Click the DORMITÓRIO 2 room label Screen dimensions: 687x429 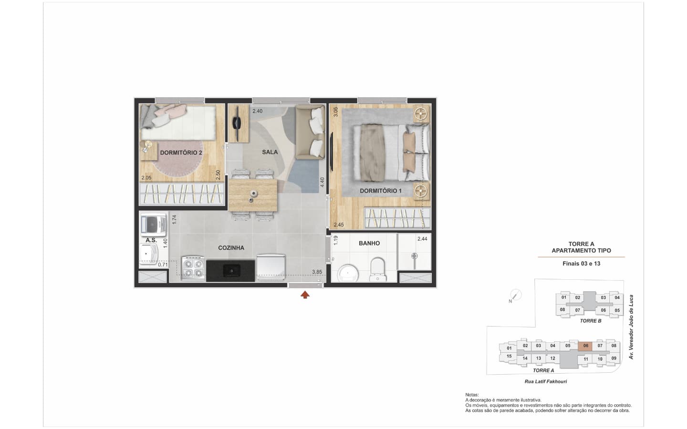181,153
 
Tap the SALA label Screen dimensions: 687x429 270,152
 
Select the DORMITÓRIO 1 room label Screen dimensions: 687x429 381,191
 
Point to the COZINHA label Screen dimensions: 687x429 231,247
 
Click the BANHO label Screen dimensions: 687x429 369,243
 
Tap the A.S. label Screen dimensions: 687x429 151,240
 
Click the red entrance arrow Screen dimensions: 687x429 305,295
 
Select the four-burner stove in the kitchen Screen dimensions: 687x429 193,268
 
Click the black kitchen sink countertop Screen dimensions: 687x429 230,271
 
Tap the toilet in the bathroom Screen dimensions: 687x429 377,270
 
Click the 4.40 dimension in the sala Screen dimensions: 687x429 322,182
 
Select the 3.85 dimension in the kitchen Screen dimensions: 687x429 317,272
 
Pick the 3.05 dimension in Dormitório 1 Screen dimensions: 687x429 335,112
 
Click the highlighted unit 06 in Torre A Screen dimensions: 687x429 585,346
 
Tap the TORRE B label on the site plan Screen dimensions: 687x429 591,321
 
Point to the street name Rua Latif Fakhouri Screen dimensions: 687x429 546,381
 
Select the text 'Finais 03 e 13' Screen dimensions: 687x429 581,264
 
